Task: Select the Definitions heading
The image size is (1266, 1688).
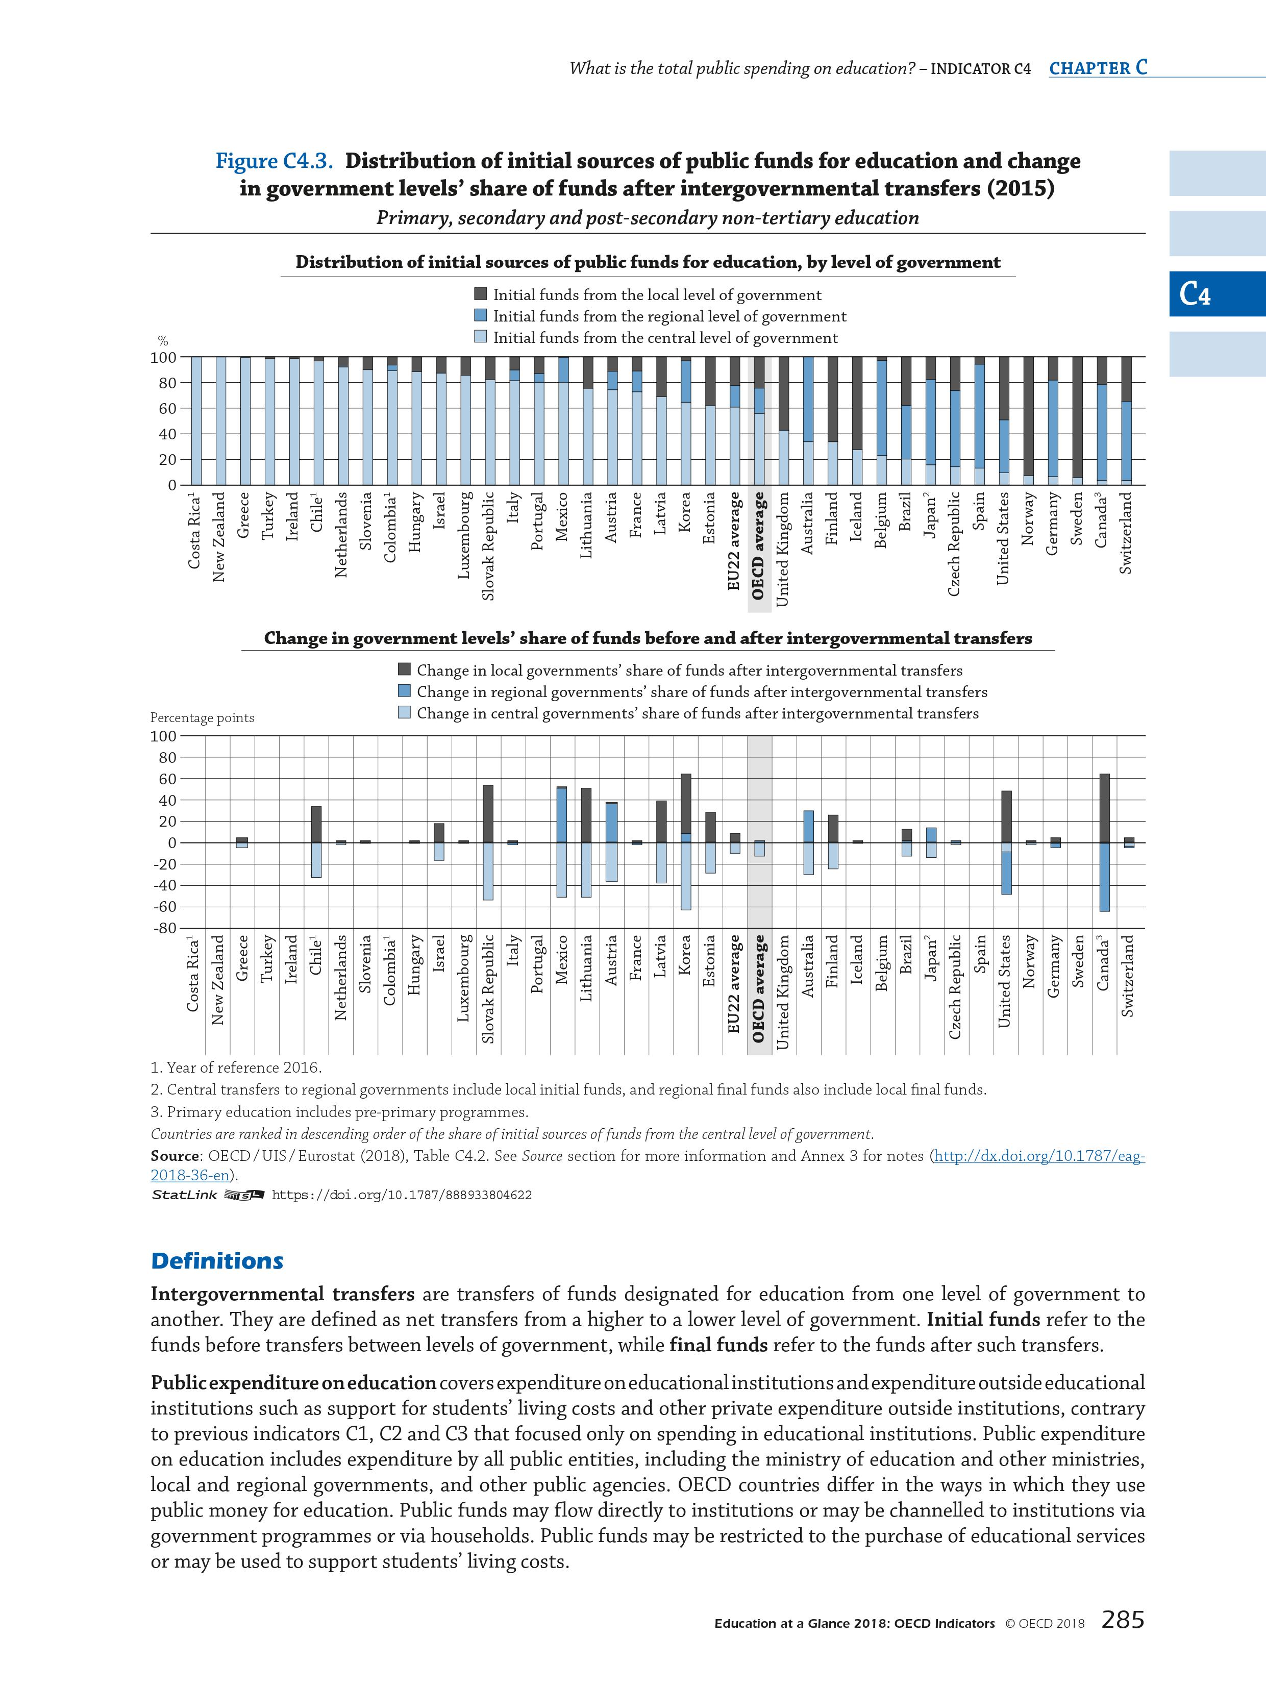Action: [217, 1261]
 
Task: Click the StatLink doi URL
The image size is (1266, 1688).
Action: [402, 1195]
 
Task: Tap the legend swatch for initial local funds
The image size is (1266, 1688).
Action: [481, 294]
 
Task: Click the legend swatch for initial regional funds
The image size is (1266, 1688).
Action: [481, 316]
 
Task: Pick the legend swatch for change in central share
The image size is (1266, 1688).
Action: [405, 713]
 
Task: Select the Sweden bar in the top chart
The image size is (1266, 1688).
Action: [1077, 420]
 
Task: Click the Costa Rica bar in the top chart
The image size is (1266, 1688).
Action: [196, 420]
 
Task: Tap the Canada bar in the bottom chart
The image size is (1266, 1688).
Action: [1103, 842]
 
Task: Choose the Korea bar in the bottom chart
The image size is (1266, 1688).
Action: [685, 842]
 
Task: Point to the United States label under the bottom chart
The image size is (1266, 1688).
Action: [1004, 981]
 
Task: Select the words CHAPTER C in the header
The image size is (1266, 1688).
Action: [1097, 68]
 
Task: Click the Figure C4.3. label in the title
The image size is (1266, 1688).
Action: [277, 161]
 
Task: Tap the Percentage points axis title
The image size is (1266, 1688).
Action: [202, 718]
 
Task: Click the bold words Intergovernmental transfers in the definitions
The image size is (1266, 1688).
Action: [282, 1294]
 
